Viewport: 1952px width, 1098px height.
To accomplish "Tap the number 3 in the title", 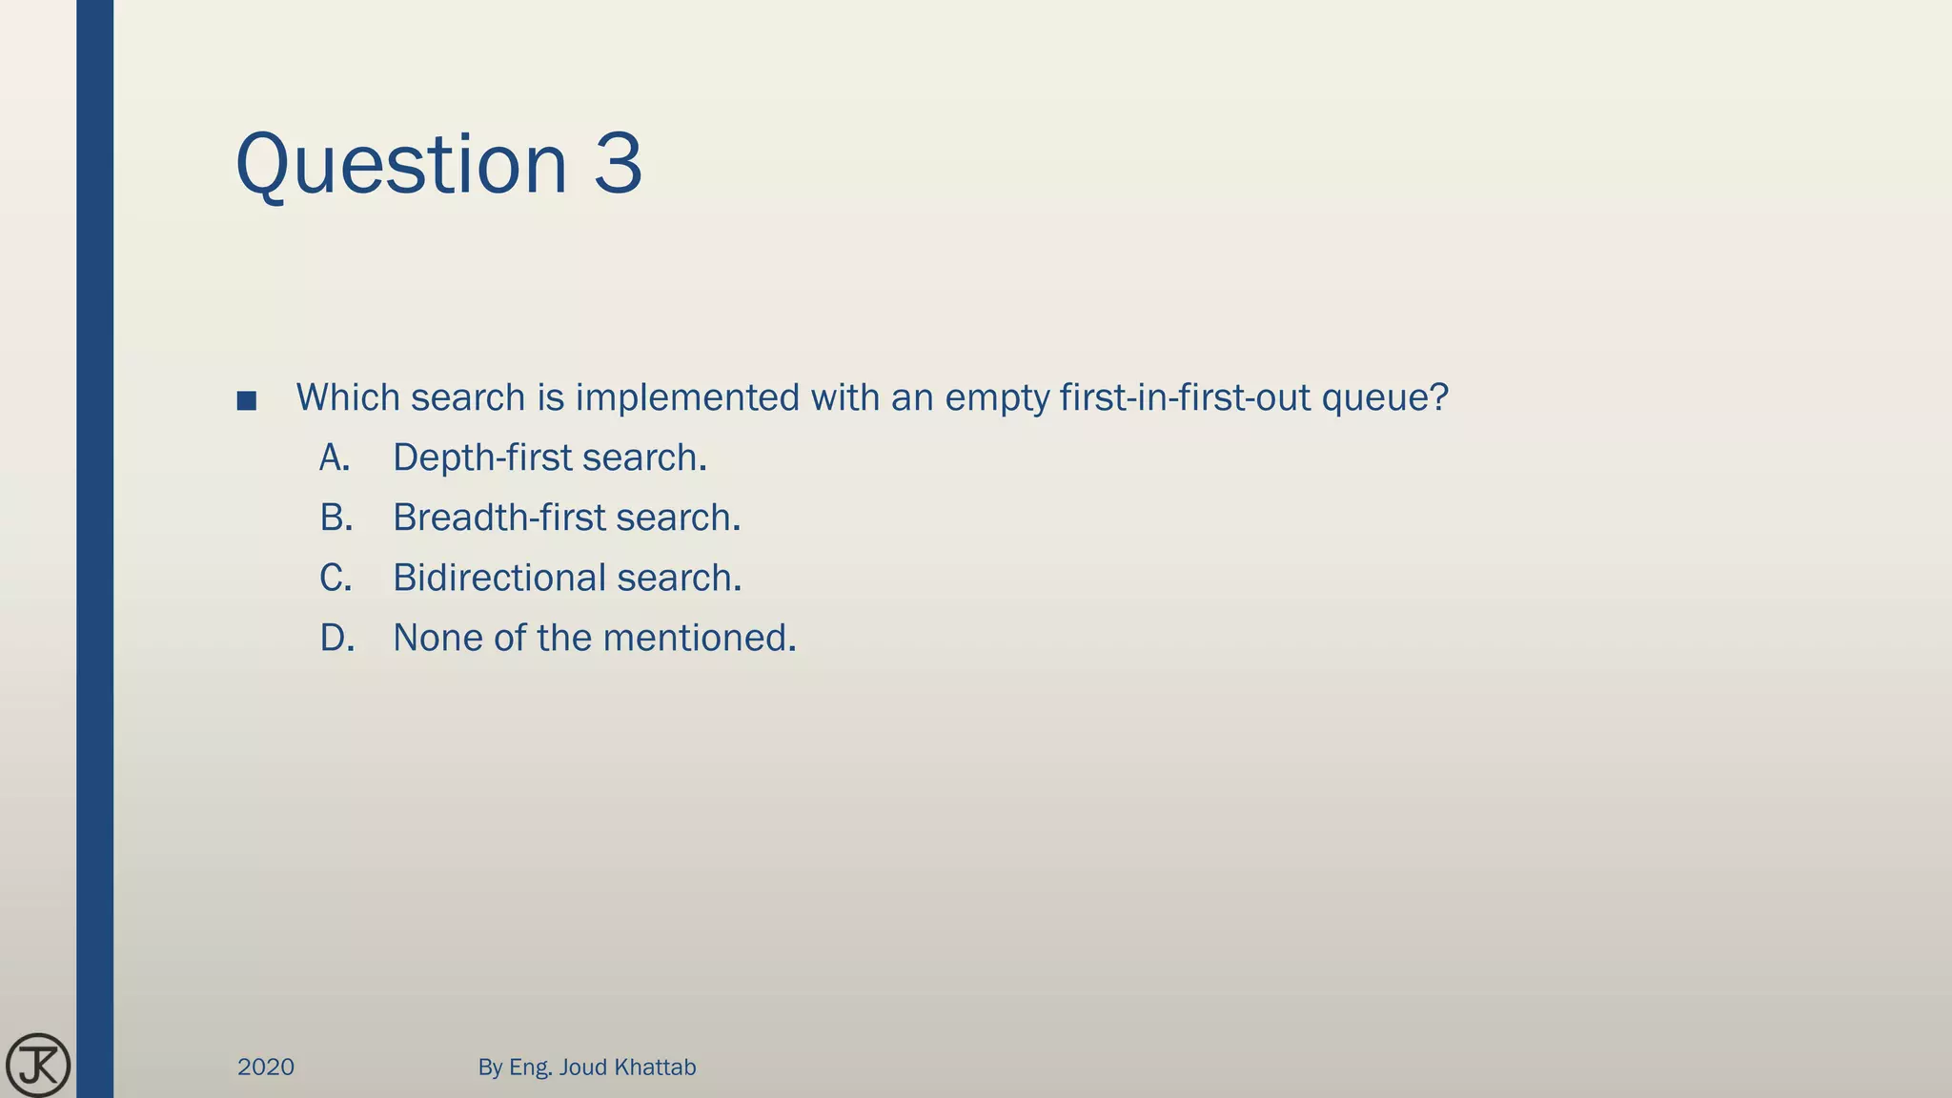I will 619,164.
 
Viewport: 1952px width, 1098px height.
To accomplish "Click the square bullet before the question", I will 247,401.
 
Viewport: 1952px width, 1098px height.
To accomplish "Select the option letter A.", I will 335,458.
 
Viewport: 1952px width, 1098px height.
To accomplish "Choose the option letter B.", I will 335,518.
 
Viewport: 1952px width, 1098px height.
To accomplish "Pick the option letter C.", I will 335,579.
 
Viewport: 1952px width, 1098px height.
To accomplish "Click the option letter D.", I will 336,639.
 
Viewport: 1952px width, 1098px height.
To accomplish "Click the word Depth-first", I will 481,458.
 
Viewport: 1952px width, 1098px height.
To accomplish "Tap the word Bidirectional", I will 498,579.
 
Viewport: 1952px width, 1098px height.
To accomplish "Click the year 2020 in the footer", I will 266,1067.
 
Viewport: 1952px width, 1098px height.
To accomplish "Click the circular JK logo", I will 38,1065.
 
